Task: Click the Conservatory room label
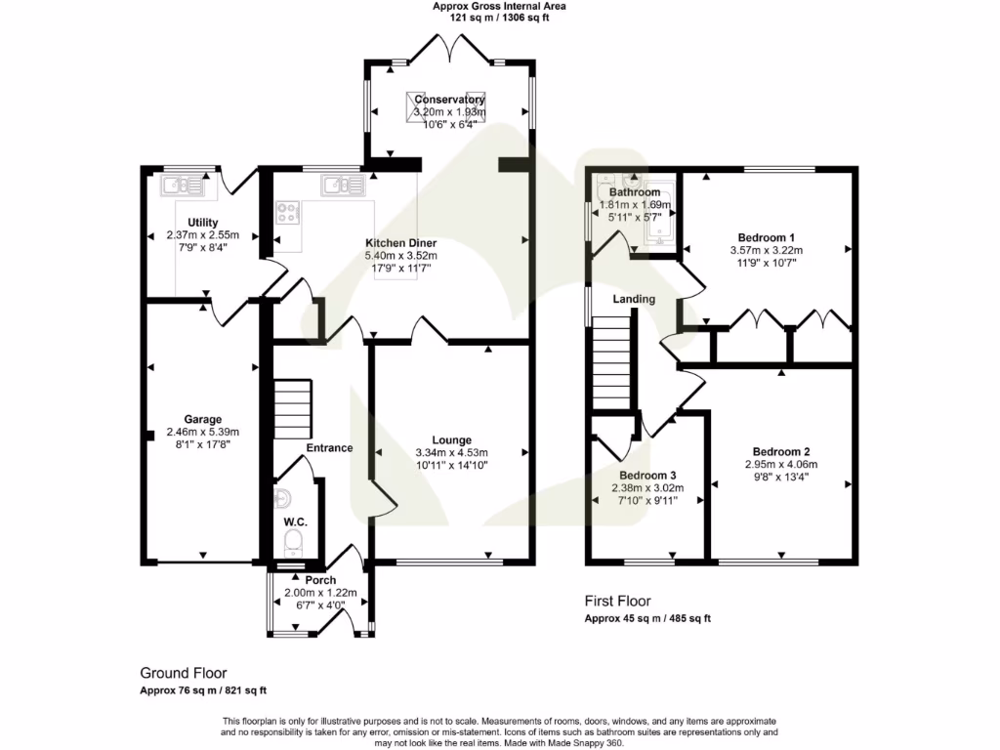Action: click(x=449, y=100)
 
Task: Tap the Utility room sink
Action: click(x=183, y=185)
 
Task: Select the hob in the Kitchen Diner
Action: click(x=288, y=212)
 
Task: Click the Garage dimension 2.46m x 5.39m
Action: click(x=202, y=432)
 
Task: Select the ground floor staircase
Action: click(x=292, y=410)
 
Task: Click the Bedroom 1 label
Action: click(x=766, y=238)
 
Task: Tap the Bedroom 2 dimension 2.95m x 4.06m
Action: click(x=781, y=465)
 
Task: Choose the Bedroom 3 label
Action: click(x=646, y=477)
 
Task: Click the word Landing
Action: click(x=634, y=299)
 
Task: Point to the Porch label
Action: click(x=320, y=580)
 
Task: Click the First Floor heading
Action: click(x=617, y=601)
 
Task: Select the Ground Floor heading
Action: click(x=184, y=673)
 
